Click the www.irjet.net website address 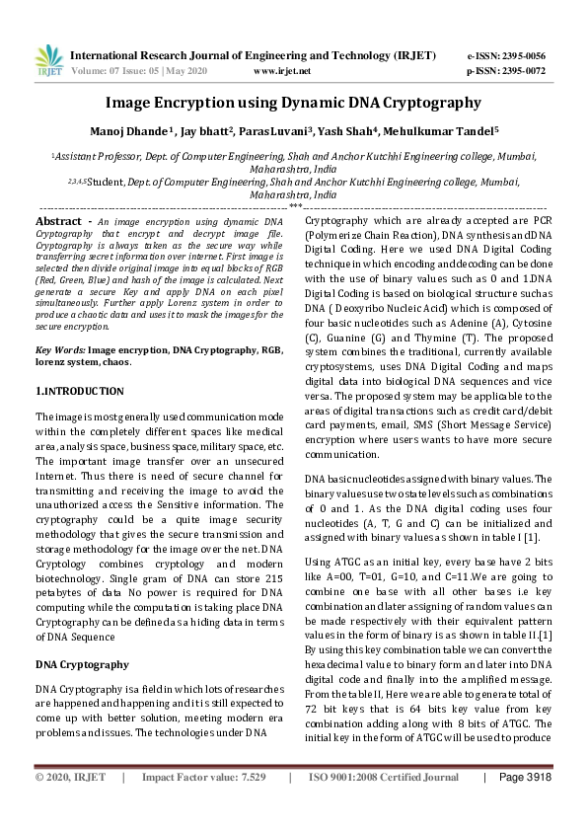pyautogui.click(x=282, y=71)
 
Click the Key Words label pyautogui.click(x=60, y=349)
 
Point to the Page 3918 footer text pyautogui.click(x=525, y=806)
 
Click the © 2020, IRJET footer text pyautogui.click(x=70, y=806)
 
